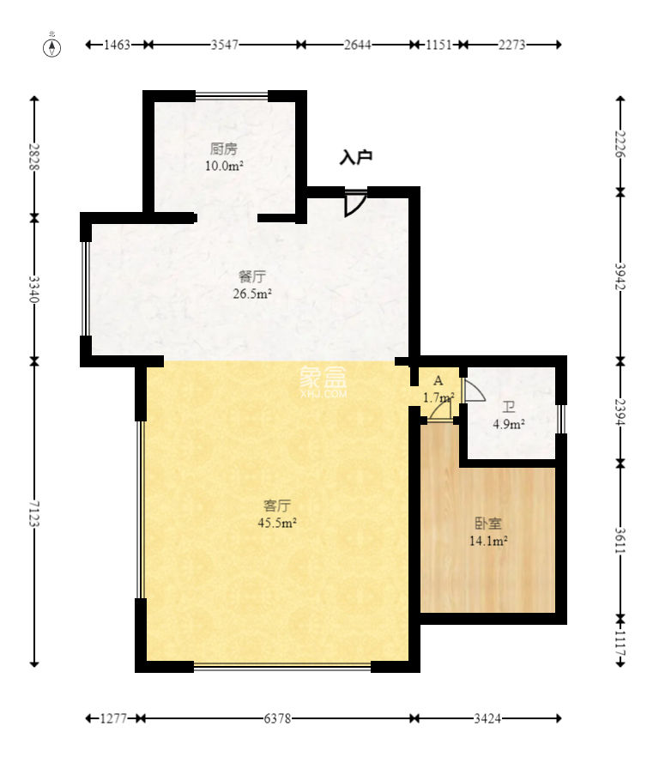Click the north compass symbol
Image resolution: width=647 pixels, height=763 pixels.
pyautogui.click(x=53, y=46)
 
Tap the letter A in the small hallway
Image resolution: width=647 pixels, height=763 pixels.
pyautogui.click(x=438, y=380)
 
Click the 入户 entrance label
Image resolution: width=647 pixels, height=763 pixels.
pyautogui.click(x=356, y=157)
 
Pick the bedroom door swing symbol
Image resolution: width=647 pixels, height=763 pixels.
pyautogui.click(x=441, y=411)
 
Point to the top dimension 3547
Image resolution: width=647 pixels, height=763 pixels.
pyautogui.click(x=224, y=45)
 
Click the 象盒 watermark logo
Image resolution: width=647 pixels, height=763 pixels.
pyautogui.click(x=323, y=380)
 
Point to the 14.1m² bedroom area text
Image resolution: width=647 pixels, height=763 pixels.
pyautogui.click(x=488, y=541)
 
